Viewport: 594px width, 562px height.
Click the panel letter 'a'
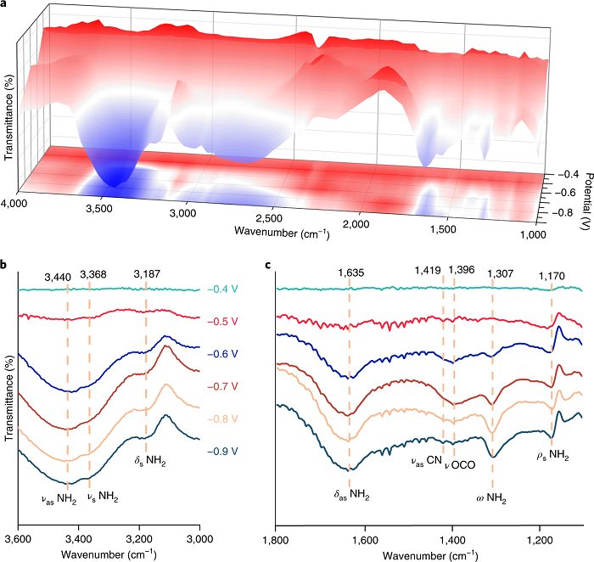[x=5, y=5]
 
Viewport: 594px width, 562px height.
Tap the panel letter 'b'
[x=5, y=266]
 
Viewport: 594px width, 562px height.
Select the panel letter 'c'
[x=269, y=266]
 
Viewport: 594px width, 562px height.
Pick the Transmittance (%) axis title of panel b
[x=8, y=399]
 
